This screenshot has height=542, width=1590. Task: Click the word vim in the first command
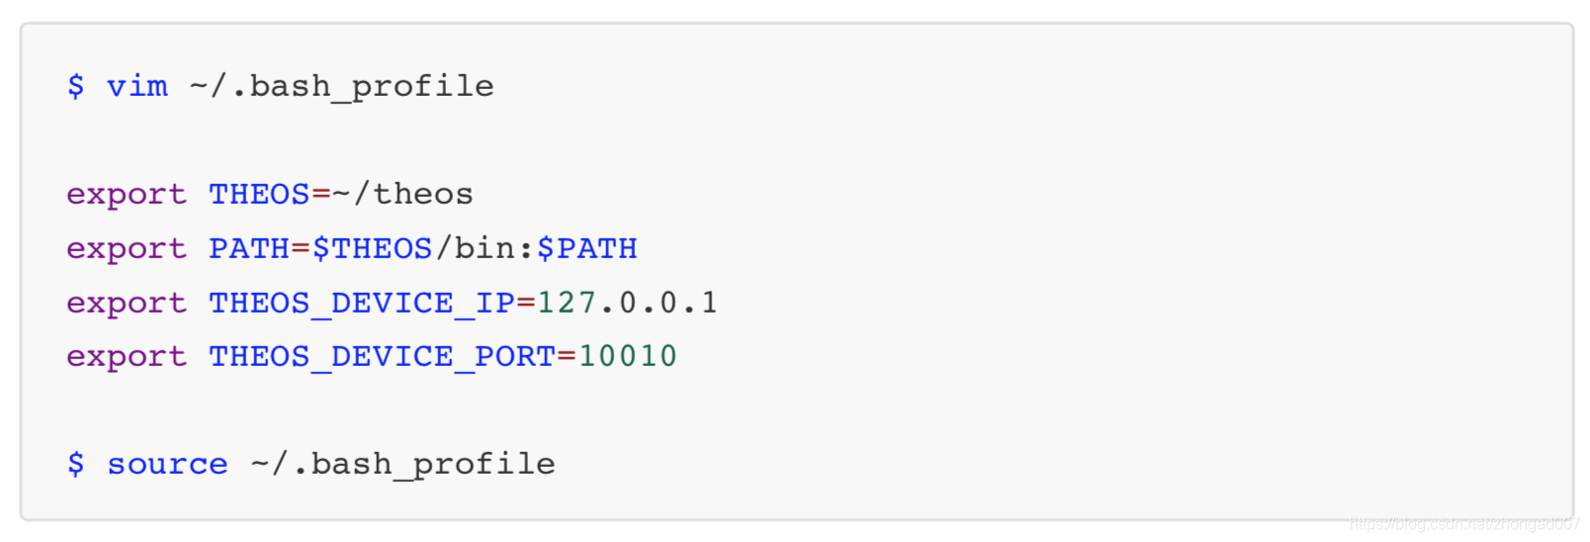137,87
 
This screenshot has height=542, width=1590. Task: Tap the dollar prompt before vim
76,87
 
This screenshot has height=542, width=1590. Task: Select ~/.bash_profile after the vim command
341,87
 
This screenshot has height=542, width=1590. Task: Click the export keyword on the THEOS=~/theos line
127,195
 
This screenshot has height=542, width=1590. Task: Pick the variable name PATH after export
249,248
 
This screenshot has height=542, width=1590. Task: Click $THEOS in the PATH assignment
373,248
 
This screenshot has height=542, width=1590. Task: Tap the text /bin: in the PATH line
485,248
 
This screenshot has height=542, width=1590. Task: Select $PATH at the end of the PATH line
587,248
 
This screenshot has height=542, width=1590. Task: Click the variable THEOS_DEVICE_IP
361,303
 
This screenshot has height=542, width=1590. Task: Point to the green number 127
567,303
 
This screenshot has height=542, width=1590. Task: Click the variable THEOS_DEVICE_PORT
382,356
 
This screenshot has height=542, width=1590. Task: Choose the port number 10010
628,356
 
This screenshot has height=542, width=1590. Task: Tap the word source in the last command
167,464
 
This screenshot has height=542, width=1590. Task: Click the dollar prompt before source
76,464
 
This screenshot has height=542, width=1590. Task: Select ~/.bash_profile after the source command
402,464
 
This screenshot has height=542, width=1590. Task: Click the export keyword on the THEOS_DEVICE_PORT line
127,356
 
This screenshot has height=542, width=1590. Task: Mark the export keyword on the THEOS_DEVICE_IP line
127,303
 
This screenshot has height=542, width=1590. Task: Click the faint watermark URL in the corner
1464,524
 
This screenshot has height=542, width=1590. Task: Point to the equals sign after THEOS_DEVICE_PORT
567,356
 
